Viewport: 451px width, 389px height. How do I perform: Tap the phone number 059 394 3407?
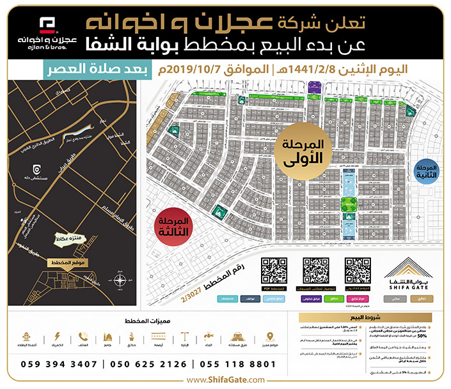click(59, 364)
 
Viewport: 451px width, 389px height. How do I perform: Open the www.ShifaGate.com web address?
click(225, 380)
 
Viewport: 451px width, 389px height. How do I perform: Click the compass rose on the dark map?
click(120, 281)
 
